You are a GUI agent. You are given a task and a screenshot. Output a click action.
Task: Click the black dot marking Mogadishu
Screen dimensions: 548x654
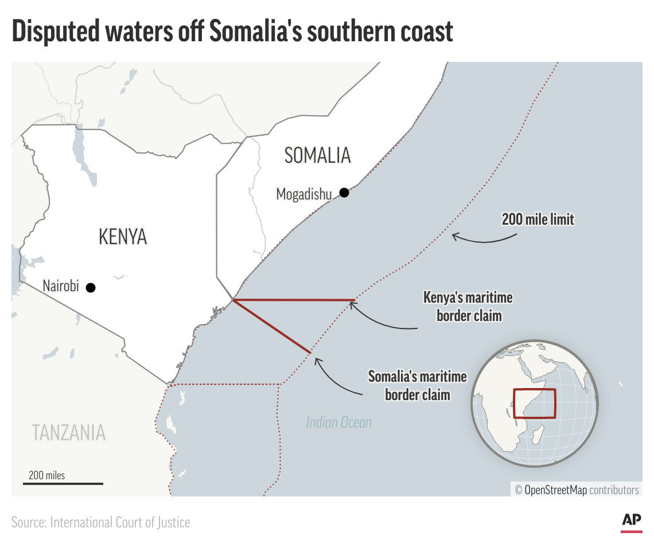pos(344,193)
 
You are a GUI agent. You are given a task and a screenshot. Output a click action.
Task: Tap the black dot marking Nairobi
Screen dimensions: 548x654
pos(91,287)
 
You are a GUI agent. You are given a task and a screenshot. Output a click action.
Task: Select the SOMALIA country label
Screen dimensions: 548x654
pos(317,155)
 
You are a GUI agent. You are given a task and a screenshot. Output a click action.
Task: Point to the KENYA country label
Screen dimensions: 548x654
pos(123,236)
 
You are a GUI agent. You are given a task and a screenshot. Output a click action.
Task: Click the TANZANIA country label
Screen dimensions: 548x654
pos(69,432)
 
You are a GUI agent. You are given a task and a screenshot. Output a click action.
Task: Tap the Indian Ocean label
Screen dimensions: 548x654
pos(338,423)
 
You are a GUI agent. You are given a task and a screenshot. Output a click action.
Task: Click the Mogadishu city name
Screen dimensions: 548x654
pos(304,194)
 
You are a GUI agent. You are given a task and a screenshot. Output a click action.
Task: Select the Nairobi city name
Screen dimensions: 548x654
pos(61,286)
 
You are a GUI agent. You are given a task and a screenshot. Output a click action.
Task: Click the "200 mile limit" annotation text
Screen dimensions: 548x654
pos(538,218)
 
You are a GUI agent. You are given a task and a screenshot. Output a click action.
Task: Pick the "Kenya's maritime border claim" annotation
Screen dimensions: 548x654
pos(468,307)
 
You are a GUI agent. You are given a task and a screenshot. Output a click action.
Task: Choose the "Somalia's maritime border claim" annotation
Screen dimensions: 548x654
pos(418,385)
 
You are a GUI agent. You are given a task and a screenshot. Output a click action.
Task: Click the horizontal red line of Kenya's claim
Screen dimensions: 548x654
pos(294,300)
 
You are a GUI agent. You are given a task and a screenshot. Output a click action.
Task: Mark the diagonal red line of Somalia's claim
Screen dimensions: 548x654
pos(272,326)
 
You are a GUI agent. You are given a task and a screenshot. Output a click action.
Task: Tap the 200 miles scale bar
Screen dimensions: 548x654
pos(63,483)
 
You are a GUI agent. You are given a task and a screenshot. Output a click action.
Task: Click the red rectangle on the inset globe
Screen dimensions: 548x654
pos(534,404)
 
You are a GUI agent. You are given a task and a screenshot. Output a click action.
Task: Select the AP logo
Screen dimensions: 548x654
pos(631,520)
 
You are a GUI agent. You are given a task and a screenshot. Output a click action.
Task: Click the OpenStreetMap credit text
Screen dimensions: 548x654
pos(577,490)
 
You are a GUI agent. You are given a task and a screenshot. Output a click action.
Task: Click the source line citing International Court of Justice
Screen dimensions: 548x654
pos(100,522)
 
